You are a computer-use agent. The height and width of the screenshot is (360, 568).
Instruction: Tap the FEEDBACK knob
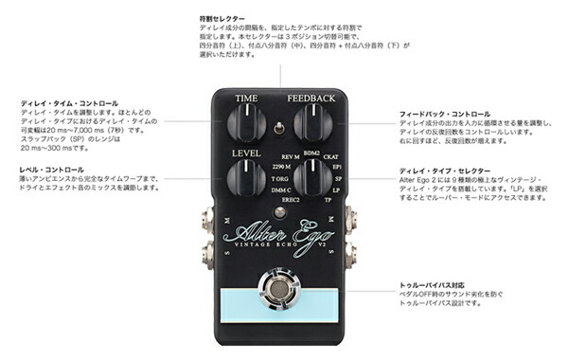313,121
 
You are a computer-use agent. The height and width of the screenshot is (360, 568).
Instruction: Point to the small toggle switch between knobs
280,129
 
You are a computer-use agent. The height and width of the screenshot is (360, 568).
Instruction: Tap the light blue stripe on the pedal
281,305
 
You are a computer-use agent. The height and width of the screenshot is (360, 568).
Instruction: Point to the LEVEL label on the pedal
243,152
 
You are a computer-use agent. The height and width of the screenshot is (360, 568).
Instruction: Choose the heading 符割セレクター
222,19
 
